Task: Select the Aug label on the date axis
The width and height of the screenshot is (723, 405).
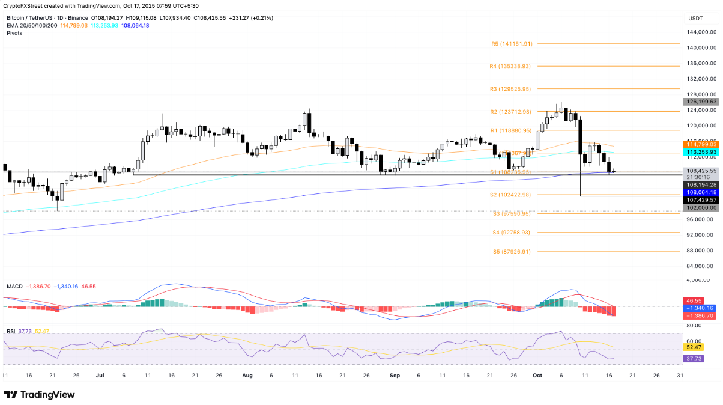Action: tap(247, 375)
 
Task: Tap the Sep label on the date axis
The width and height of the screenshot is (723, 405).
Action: tap(395, 375)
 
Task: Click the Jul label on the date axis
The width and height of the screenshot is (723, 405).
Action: tap(100, 375)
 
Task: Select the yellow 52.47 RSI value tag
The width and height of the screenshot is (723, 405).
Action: tap(694, 347)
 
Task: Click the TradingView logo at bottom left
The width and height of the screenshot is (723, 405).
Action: tap(40, 395)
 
